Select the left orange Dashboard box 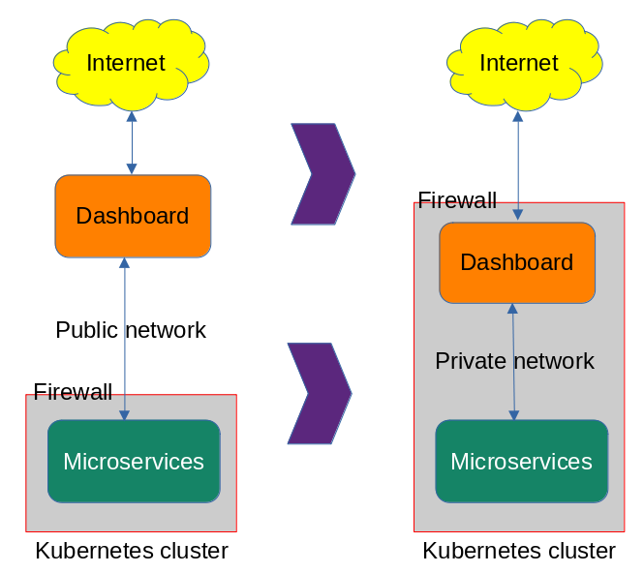click(x=133, y=216)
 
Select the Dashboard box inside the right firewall click(x=516, y=262)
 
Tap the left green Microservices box click(x=134, y=462)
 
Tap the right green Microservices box click(x=521, y=462)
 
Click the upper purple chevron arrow click(x=323, y=174)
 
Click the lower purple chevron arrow click(x=320, y=393)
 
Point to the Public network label click(x=131, y=330)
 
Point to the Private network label click(x=514, y=361)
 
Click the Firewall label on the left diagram click(x=73, y=392)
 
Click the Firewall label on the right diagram click(x=457, y=200)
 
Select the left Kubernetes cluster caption click(x=132, y=551)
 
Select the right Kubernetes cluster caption click(x=519, y=551)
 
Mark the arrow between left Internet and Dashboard click(x=132, y=143)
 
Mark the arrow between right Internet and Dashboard click(x=518, y=165)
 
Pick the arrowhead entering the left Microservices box click(x=124, y=414)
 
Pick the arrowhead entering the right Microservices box click(x=514, y=414)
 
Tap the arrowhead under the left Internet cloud click(x=132, y=116)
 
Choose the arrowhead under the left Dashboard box click(x=124, y=263)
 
